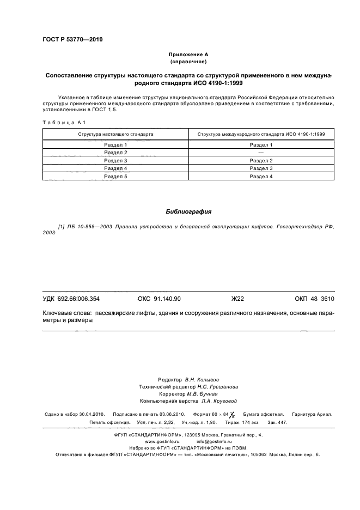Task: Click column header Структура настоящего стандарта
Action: click(x=115, y=133)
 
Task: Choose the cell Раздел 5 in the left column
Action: click(x=115, y=177)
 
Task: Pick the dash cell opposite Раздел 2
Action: click(x=261, y=153)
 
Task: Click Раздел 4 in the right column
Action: click(x=261, y=177)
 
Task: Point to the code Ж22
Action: click(x=238, y=299)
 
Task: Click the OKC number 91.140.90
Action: click(x=167, y=299)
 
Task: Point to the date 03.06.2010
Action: click(x=173, y=414)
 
